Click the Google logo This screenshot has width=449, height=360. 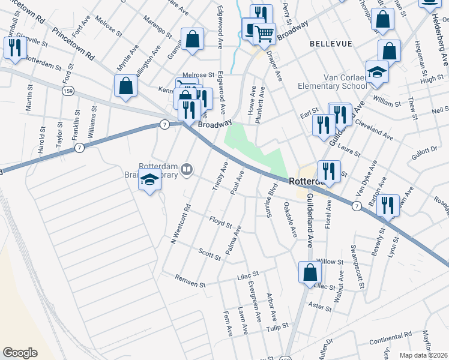click(20, 352)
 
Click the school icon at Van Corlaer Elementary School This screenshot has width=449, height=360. click(377, 72)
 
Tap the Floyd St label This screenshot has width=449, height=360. click(220, 223)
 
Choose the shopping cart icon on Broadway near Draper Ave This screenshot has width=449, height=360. click(264, 33)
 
